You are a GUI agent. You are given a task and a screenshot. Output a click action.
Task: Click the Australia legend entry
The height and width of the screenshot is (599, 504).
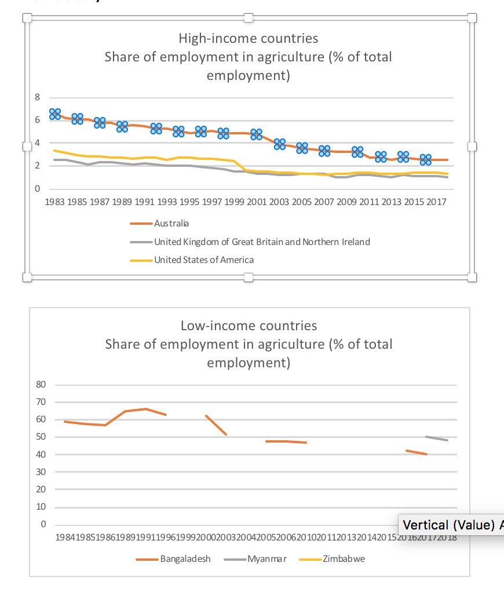click(171, 223)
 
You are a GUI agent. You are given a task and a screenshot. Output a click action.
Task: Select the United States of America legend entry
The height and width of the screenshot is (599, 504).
click(203, 260)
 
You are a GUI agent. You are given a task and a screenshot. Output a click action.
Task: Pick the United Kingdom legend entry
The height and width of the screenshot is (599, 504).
click(261, 242)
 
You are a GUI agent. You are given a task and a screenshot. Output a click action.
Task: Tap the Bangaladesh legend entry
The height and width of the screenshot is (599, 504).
click(185, 559)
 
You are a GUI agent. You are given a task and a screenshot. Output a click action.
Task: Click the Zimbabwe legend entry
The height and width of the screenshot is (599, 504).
click(344, 559)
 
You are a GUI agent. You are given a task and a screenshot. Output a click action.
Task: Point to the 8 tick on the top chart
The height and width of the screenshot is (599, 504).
click(37, 97)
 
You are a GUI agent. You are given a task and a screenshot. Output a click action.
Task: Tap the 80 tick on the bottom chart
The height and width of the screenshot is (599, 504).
click(41, 384)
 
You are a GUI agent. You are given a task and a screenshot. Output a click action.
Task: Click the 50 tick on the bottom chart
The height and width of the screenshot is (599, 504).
click(41, 437)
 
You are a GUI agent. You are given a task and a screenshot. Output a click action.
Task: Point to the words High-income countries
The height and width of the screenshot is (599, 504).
click(248, 39)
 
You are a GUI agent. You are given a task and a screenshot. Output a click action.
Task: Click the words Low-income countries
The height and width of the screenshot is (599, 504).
click(249, 326)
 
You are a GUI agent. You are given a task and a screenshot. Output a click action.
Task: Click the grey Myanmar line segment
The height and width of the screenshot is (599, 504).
click(437, 439)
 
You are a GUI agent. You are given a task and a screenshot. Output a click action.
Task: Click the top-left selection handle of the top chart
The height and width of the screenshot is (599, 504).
click(27, 19)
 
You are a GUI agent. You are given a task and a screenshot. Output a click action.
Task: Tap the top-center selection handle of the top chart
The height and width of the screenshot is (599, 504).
click(249, 19)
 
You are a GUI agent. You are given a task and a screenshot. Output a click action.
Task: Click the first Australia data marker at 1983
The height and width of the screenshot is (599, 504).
click(55, 114)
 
